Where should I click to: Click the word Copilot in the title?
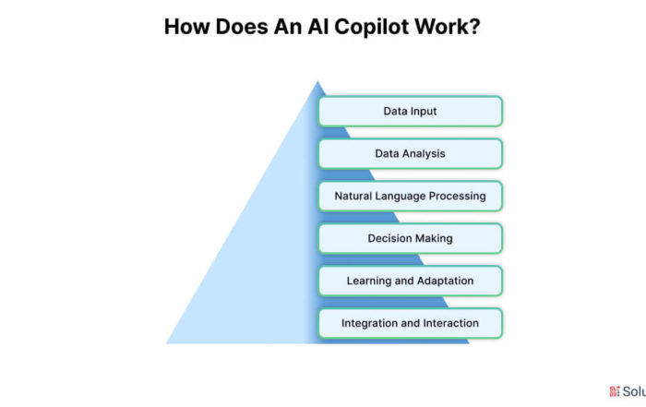coord(372,27)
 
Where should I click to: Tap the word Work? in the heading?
coord(448,27)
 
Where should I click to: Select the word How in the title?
coord(187,27)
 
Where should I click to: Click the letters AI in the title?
coord(317,27)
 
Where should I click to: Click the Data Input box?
coord(411,112)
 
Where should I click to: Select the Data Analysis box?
coord(411,153)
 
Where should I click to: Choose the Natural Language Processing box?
coord(411,196)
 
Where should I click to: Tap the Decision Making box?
coord(411,238)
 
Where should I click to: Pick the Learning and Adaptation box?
coord(411,281)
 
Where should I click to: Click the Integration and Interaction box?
coord(411,323)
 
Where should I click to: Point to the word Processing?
coord(458,197)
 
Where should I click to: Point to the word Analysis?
coord(426,154)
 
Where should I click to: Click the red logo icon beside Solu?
coord(615,391)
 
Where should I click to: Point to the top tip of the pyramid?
coord(317,81)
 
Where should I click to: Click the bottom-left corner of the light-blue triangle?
coord(166,343)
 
